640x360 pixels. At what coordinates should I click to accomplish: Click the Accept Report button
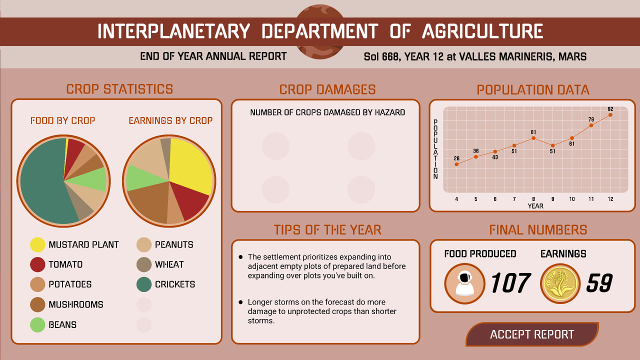(532, 334)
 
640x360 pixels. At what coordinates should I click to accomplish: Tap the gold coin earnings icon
(560, 283)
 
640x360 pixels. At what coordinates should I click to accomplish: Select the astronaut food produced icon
(464, 283)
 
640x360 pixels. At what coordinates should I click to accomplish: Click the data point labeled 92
(610, 115)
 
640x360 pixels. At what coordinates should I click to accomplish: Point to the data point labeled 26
(456, 164)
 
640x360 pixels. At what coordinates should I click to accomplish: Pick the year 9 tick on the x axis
(552, 199)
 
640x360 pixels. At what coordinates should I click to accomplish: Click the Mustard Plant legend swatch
(38, 244)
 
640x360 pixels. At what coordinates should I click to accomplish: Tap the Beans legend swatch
(38, 324)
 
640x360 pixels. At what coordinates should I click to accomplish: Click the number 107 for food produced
(509, 283)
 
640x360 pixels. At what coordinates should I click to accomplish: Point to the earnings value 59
(599, 283)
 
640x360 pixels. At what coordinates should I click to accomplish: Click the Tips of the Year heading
(327, 230)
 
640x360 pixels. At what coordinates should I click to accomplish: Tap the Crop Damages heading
(327, 89)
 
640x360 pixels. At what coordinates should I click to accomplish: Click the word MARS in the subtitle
(573, 56)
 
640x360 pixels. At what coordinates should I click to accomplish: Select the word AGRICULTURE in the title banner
(482, 31)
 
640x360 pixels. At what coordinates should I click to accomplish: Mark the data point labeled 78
(591, 125)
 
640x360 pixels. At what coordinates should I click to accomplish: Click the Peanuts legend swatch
(144, 244)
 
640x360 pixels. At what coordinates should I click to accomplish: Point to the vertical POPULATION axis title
(435, 149)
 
